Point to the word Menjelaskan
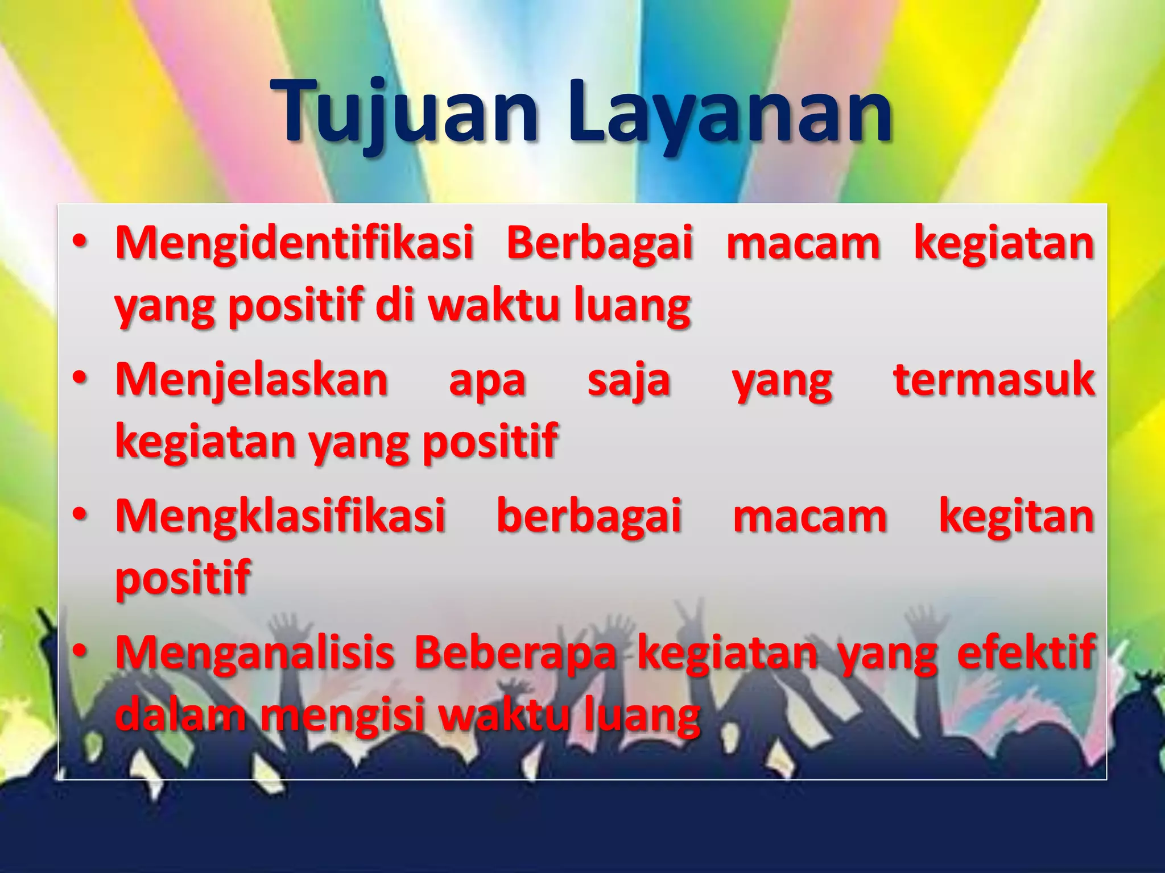252,380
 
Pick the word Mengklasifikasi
280,516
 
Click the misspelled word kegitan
1016,516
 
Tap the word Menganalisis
255,652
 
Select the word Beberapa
515,652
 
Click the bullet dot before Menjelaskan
80,380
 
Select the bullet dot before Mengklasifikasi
80,516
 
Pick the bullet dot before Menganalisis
80,652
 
